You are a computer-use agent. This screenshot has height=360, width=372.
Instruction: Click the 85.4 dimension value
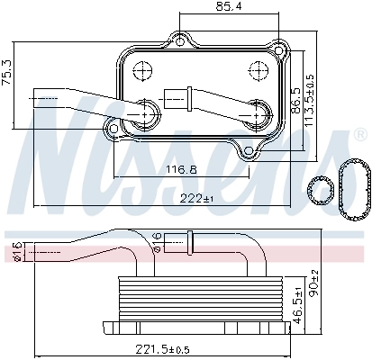click(x=222, y=8)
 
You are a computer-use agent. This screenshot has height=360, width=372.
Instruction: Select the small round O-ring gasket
click(x=318, y=187)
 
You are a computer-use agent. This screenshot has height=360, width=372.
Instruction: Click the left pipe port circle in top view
click(x=147, y=111)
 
